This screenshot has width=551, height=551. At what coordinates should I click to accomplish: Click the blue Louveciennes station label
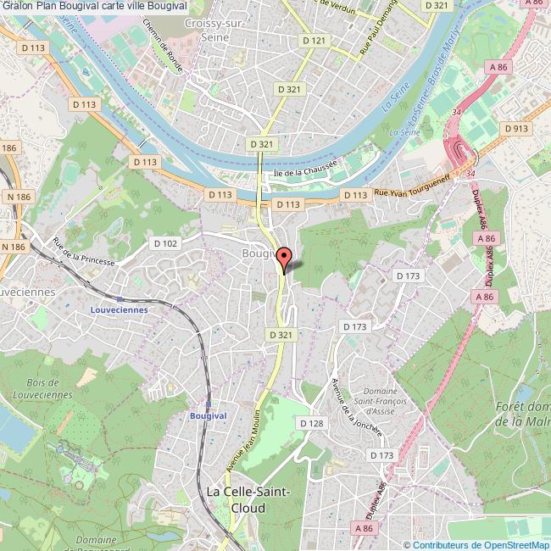pyautogui.click(x=119, y=309)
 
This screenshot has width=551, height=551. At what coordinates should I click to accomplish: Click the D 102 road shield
pyautogui.click(x=165, y=243)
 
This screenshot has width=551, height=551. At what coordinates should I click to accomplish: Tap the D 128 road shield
pyautogui.click(x=312, y=423)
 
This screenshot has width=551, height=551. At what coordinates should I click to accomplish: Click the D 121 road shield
pyautogui.click(x=314, y=41)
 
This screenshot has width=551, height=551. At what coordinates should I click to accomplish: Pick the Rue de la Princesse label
pyautogui.click(x=82, y=252)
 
